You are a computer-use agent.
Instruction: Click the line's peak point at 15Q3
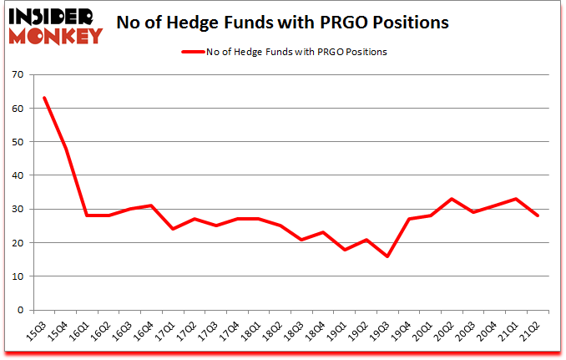point(44,98)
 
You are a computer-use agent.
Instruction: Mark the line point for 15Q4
point(66,149)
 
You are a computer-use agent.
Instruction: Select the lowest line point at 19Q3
point(387,256)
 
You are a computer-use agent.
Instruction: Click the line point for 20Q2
point(452,199)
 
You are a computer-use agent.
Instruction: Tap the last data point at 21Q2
point(538,215)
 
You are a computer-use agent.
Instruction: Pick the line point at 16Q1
point(87,215)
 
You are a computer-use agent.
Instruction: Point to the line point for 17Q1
point(173,229)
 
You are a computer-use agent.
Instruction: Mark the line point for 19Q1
point(345,249)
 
